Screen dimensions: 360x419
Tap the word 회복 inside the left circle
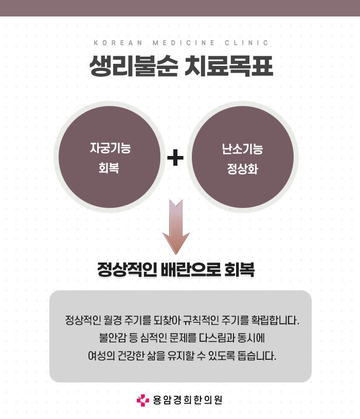click(110, 168)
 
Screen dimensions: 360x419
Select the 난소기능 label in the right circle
click(242, 149)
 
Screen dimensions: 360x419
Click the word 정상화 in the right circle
click(242, 168)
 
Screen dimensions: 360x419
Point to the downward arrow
click(176, 226)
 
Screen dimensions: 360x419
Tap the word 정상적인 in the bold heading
click(127, 270)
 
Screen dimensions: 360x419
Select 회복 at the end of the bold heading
click(240, 270)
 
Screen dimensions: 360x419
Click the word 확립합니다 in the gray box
click(277, 320)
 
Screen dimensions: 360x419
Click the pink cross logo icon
click(142, 400)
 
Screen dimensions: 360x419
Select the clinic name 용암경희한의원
click(188, 400)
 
